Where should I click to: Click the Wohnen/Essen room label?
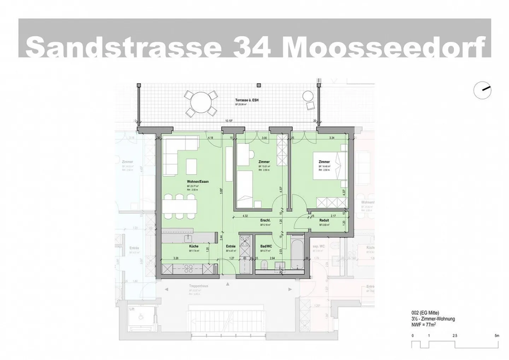[198, 182]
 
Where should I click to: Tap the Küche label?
[194, 246]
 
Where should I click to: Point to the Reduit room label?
[324, 220]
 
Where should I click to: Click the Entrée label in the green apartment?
[231, 246]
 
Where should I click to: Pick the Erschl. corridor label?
[265, 220]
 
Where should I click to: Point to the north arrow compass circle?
[482, 90]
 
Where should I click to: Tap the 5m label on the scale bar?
[497, 335]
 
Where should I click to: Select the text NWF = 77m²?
[423, 324]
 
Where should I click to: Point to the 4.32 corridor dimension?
[245, 216]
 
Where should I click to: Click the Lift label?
[132, 309]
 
